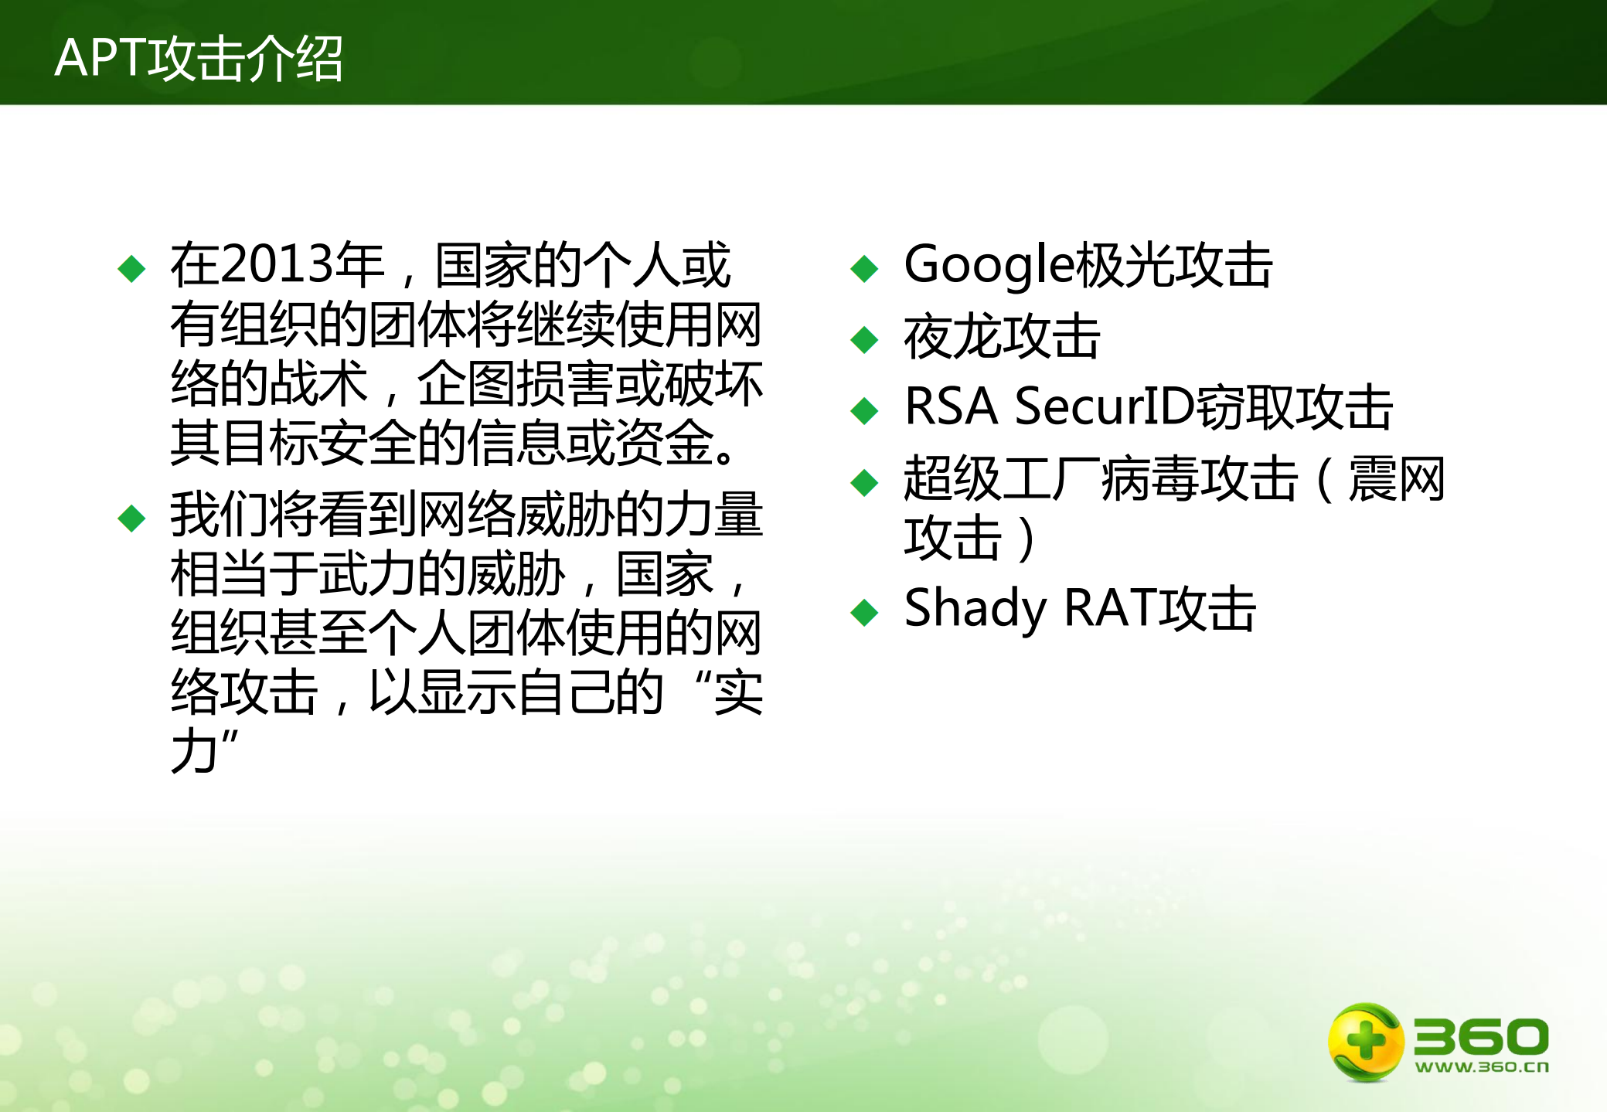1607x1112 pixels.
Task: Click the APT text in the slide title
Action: click(x=100, y=58)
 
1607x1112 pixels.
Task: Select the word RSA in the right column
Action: click(x=951, y=406)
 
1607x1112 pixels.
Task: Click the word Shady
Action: click(x=975, y=609)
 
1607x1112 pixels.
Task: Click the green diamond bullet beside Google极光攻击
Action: click(x=864, y=269)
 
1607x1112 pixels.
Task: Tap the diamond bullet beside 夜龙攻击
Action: click(x=864, y=339)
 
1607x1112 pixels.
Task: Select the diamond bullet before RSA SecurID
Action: click(x=864, y=410)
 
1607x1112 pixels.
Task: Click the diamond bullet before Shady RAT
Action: click(x=864, y=613)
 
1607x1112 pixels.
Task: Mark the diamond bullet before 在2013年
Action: click(x=131, y=269)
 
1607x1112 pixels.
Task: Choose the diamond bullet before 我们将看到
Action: click(x=131, y=519)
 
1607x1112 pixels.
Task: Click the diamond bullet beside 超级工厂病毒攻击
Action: click(x=864, y=483)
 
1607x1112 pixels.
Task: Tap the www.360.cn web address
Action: click(x=1482, y=1067)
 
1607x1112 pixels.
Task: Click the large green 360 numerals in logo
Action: click(x=1481, y=1036)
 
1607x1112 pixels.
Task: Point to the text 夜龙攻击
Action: click(x=1002, y=337)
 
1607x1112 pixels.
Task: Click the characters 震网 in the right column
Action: click(x=1396, y=479)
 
